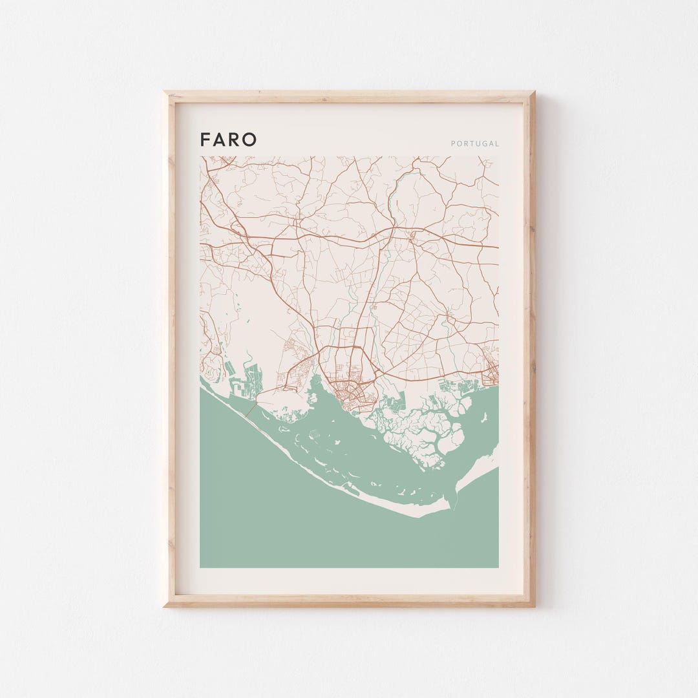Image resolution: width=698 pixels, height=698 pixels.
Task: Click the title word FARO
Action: click(x=228, y=140)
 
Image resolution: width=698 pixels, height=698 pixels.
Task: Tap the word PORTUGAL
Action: click(x=475, y=143)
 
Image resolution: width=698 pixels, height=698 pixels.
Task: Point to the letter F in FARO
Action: click(x=204, y=140)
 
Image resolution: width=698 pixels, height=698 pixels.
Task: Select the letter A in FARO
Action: click(x=219, y=140)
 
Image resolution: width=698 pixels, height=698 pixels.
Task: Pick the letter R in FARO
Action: click(x=234, y=140)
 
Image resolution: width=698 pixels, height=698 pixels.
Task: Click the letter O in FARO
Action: click(x=249, y=140)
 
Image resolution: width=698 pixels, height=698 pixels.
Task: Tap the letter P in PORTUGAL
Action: click(x=453, y=143)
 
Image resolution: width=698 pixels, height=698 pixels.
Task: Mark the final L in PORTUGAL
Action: click(x=497, y=143)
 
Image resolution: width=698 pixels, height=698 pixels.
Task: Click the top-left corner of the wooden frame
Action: click(x=165, y=92)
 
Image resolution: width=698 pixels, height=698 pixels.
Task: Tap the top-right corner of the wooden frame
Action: click(x=534, y=92)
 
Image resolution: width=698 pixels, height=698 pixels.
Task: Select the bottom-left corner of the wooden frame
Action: click(x=165, y=606)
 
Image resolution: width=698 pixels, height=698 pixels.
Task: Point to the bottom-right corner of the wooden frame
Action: click(x=534, y=606)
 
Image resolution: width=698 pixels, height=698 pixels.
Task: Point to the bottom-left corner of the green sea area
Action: click(x=201, y=566)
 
